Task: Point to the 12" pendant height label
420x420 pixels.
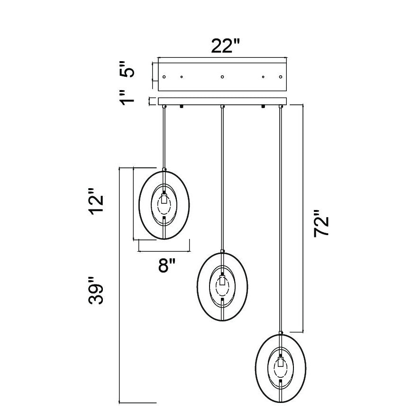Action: tap(97, 204)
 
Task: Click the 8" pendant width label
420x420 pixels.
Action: tap(167, 265)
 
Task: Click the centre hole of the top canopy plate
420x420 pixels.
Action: tap(222, 76)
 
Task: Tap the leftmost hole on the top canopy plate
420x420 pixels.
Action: tap(164, 76)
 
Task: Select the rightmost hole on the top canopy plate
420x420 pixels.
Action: tap(280, 76)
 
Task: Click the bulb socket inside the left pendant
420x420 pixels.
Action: tap(164, 199)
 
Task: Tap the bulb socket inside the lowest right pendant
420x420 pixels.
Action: tap(281, 363)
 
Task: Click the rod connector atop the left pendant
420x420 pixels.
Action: tap(164, 169)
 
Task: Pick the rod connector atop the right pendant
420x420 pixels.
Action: tap(281, 333)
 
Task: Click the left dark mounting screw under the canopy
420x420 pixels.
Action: tap(181, 108)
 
